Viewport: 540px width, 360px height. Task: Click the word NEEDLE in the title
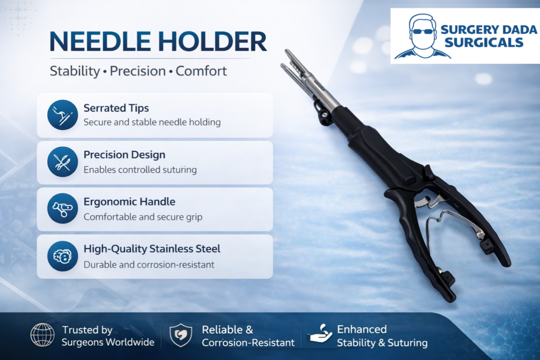click(x=100, y=41)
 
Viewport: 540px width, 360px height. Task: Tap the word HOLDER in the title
click(x=213, y=41)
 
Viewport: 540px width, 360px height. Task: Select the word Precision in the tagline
click(x=138, y=71)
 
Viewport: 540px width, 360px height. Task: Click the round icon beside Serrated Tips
click(x=63, y=115)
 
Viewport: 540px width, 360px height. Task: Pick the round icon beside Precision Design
click(x=63, y=162)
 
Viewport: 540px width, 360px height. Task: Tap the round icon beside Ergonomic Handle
click(x=63, y=209)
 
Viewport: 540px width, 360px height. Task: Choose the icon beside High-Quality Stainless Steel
click(x=63, y=256)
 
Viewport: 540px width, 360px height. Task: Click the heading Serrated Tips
click(x=116, y=108)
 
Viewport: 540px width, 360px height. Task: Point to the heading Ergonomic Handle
click(x=130, y=202)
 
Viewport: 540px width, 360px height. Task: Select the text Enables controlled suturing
click(x=140, y=170)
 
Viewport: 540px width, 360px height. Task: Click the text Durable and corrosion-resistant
click(x=149, y=265)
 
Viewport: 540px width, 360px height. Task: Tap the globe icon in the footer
click(x=42, y=335)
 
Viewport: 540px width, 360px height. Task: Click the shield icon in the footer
click(x=181, y=335)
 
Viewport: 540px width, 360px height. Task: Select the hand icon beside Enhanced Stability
click(x=320, y=334)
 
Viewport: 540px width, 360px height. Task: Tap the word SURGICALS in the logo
click(x=484, y=43)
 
